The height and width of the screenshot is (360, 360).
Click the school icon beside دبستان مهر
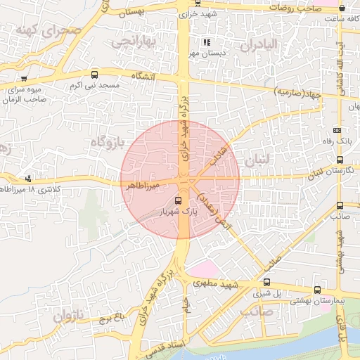(x=206, y=42)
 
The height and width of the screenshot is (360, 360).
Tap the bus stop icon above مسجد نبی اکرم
(x=95, y=75)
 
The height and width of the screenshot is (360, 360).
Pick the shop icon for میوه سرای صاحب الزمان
(x=25, y=78)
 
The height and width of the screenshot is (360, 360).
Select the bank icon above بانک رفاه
(x=337, y=130)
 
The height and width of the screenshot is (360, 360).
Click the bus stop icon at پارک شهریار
(x=176, y=200)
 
